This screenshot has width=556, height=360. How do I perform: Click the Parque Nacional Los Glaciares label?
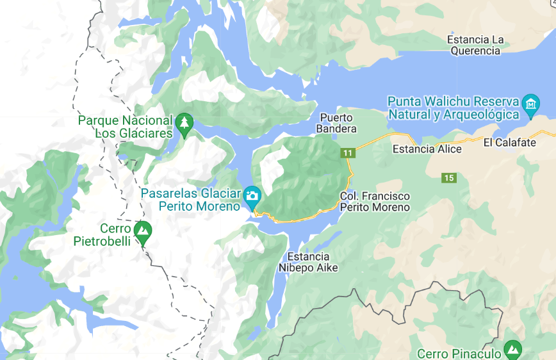coord(126,127)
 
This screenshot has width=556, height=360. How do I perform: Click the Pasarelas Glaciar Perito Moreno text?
coord(191,200)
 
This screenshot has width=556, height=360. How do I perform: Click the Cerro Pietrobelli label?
coord(102,235)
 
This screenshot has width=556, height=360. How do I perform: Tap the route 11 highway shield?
coord(348,153)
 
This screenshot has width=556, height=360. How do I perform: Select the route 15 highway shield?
coord(448,177)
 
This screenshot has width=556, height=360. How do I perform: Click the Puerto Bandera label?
coord(336,123)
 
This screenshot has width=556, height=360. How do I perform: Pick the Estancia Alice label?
coord(427,149)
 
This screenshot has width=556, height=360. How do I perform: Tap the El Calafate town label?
coord(510,142)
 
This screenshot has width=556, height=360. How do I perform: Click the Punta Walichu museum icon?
coord(530,104)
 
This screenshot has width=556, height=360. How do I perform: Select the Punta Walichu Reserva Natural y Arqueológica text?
coord(453,108)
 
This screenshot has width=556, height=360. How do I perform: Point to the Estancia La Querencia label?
coord(475,45)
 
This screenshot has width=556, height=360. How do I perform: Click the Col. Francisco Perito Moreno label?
coord(375,201)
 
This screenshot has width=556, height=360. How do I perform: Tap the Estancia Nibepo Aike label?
coord(309,262)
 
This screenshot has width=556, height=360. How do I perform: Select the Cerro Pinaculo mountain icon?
coord(512,350)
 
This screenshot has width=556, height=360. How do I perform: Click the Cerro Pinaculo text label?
coord(458,354)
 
